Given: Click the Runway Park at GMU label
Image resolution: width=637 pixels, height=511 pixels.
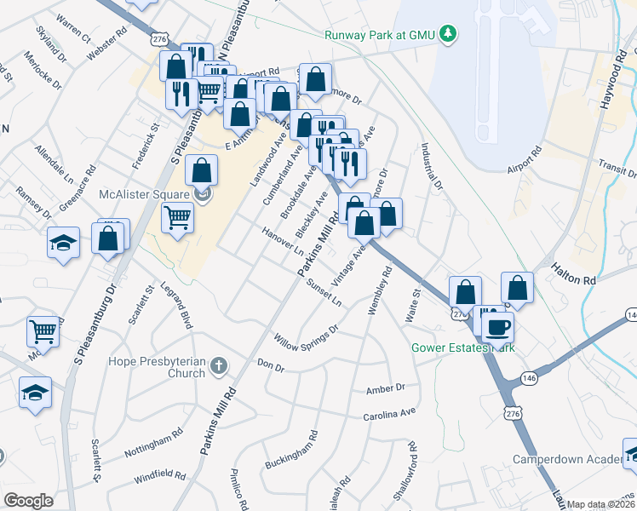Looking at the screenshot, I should click(x=379, y=35).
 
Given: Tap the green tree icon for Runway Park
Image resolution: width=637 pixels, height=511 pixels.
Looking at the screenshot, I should click(x=445, y=34).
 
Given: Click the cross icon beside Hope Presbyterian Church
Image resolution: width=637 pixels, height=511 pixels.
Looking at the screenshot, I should click(x=219, y=366).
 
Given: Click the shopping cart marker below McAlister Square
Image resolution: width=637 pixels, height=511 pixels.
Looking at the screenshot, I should click(x=177, y=218).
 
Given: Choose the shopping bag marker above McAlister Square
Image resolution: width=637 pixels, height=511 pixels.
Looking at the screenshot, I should click(x=201, y=170).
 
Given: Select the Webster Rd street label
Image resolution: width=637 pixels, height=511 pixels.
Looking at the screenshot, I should click(x=106, y=49).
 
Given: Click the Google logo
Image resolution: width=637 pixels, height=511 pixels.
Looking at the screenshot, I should click(x=28, y=501).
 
